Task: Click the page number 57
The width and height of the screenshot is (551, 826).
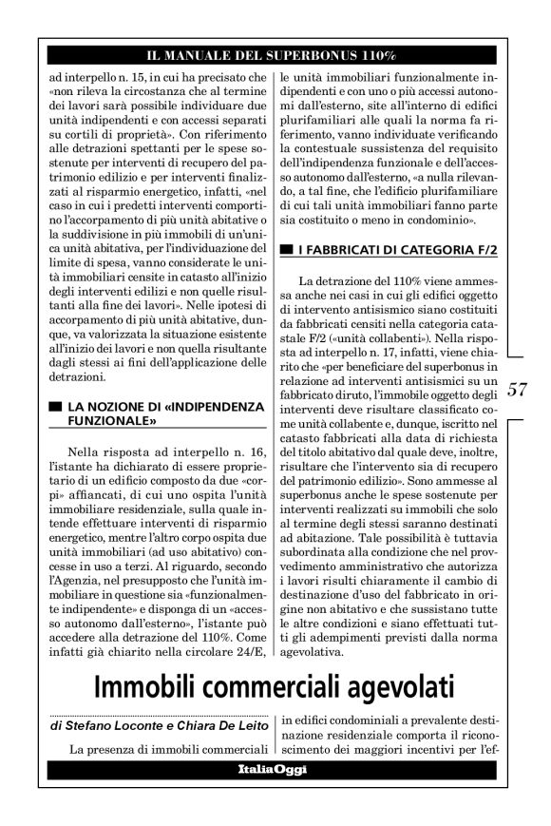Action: click(x=518, y=389)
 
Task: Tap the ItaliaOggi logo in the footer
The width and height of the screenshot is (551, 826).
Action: click(x=272, y=770)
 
